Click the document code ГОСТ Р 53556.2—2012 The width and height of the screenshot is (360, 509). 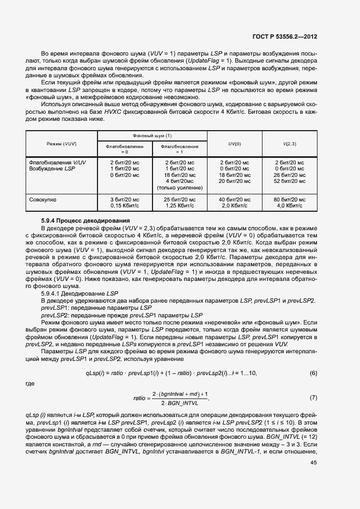point(285,37)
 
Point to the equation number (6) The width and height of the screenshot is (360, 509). point(313,373)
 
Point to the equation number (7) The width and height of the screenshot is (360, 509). point(313,398)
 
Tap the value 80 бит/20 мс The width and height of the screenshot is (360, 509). point(289,200)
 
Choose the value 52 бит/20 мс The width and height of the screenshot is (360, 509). point(289,181)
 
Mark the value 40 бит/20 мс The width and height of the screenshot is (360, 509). point(234,200)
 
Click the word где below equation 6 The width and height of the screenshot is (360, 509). point(30,383)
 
